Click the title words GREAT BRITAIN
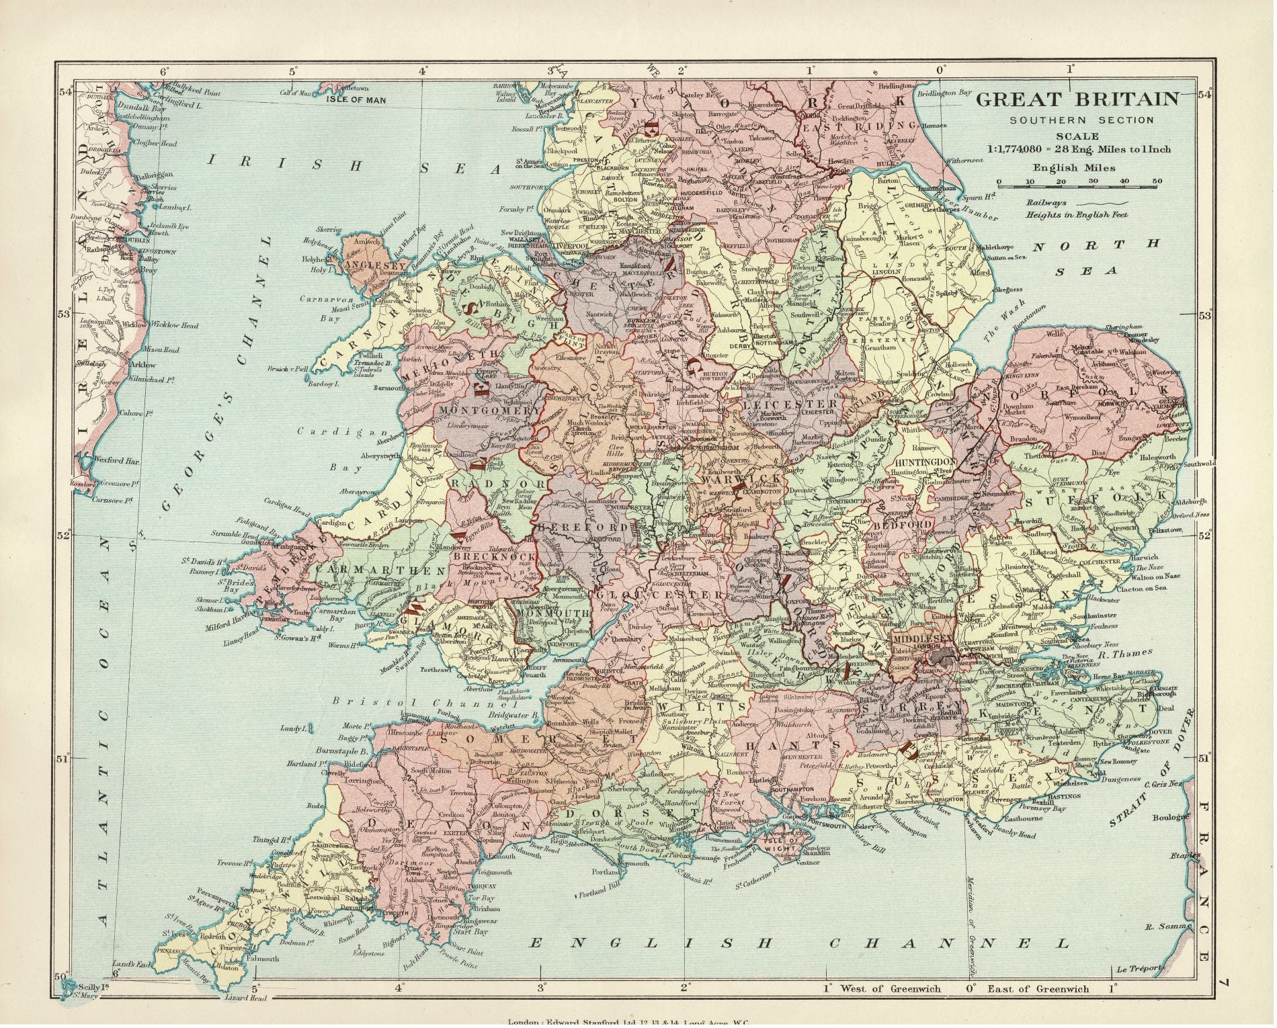pos(1077,99)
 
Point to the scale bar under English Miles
pos(1079,182)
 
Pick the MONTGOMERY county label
pos(487,409)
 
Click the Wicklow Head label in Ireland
pos(175,326)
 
